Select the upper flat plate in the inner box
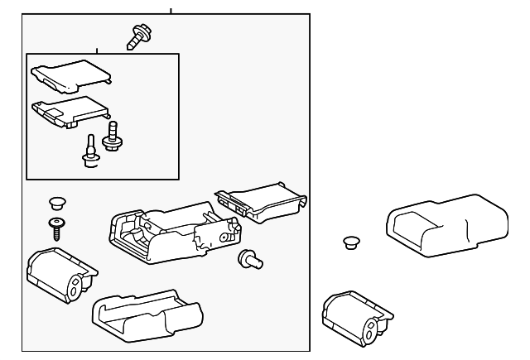tap(70, 75)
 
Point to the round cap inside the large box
tap(57, 201)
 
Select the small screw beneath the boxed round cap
tap(57, 227)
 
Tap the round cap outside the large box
tap(351, 242)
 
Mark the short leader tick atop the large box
tap(171, 11)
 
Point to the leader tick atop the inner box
tap(97, 50)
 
